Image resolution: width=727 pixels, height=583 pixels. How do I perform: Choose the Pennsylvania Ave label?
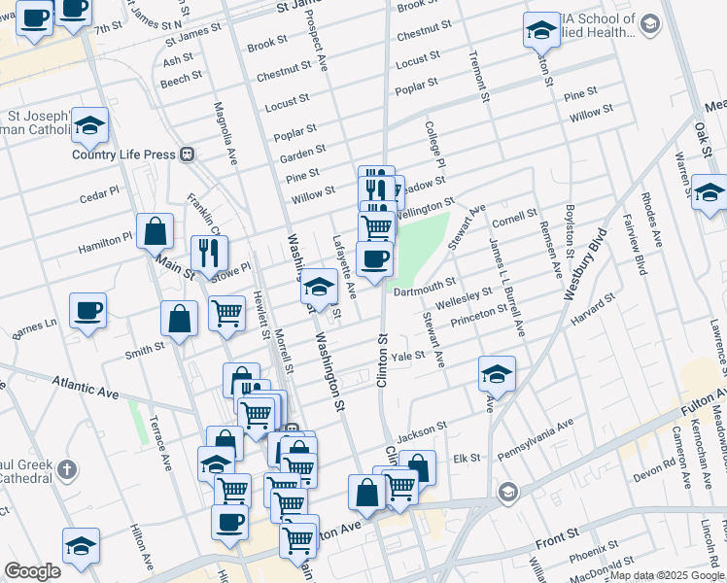coord(537,436)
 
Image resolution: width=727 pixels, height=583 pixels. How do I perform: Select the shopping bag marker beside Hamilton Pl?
coord(155,231)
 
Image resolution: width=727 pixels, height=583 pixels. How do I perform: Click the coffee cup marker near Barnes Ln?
coord(87,311)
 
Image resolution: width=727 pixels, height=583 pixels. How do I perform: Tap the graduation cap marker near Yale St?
coord(497,374)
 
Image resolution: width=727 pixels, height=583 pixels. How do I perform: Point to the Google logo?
coord(32,571)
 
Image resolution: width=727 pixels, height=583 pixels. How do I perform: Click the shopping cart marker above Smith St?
coord(226,313)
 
